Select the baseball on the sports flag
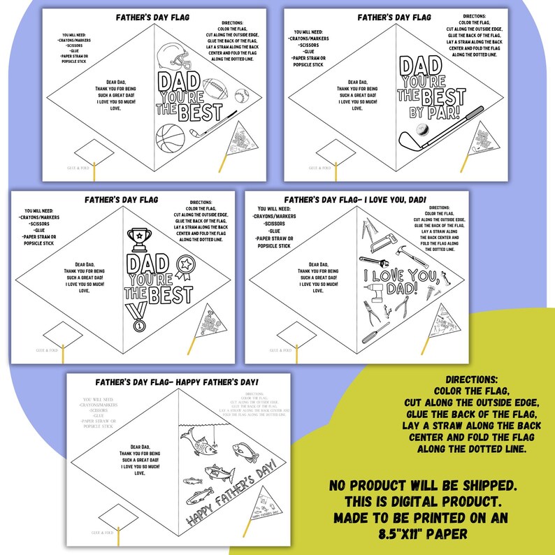241,95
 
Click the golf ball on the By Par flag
424,131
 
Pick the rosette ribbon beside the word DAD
186,266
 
